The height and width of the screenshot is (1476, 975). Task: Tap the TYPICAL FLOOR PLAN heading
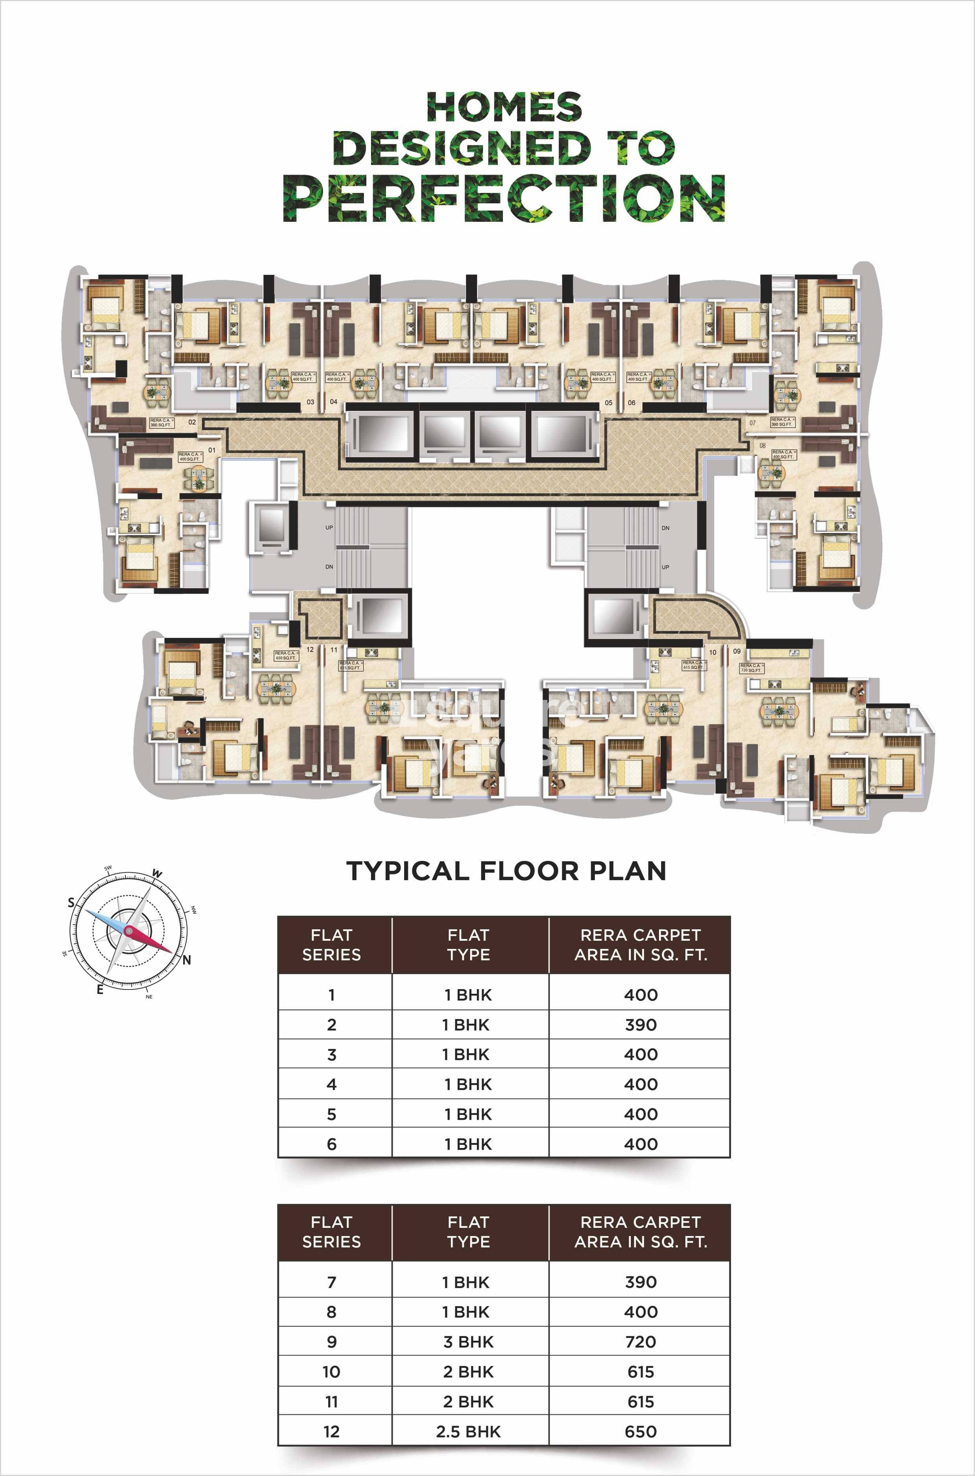(506, 871)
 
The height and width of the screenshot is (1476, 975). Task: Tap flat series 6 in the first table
(331, 1144)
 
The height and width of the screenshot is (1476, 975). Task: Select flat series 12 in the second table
(331, 1431)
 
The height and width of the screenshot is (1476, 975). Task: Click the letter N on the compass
(187, 960)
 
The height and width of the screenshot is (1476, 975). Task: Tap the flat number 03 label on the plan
(310, 402)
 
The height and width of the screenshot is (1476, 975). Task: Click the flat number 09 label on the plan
(737, 652)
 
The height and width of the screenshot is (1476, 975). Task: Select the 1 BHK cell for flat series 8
(466, 1312)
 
